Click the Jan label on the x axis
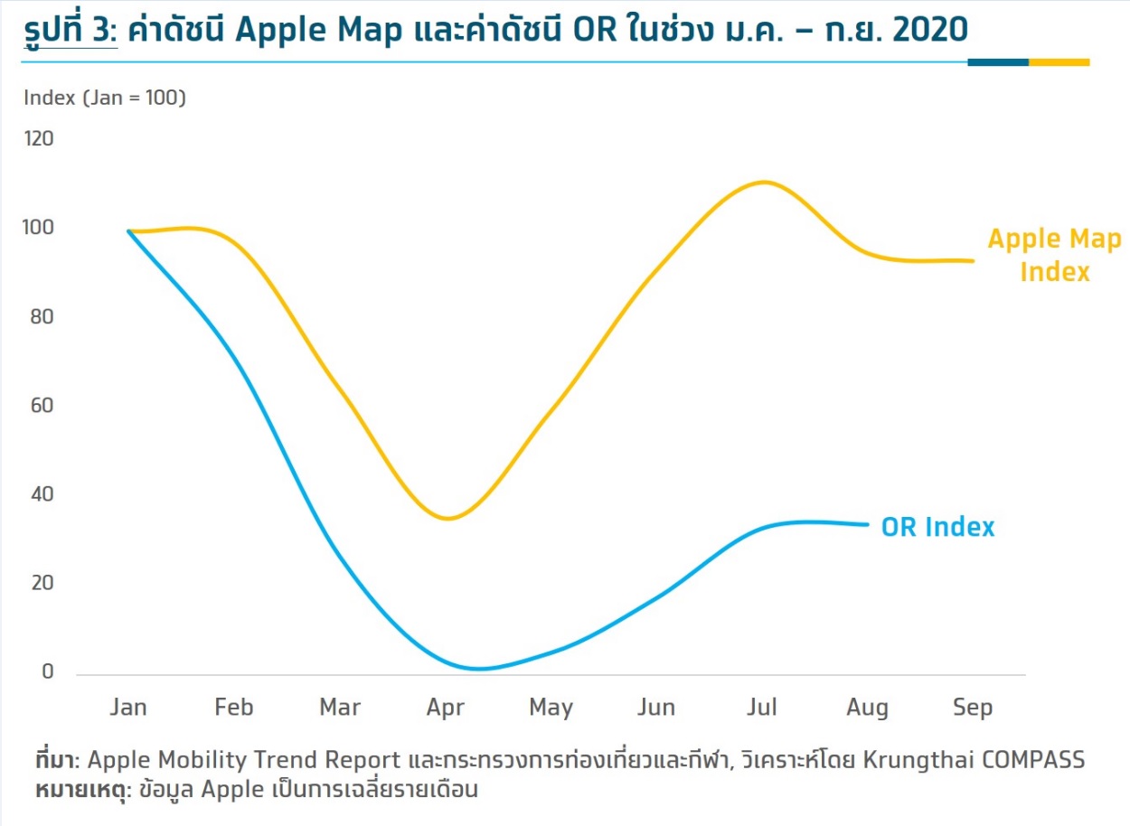tap(128, 707)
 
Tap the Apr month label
tap(445, 709)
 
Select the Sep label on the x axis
tap(973, 709)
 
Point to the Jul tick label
tap(762, 707)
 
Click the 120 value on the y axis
tap(39, 138)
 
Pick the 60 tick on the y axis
tap(42, 406)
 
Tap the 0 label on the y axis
tap(48, 671)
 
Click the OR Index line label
tap(937, 527)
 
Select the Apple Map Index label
tap(1054, 255)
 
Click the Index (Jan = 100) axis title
tap(105, 98)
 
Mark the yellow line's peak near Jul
tap(764, 182)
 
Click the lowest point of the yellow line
tap(448, 519)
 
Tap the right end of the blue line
tap(868, 524)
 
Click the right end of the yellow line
tap(973, 260)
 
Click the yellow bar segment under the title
tap(1059, 62)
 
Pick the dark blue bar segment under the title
tap(998, 62)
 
